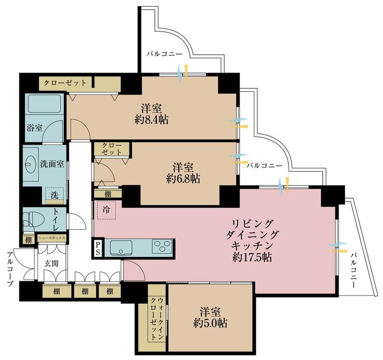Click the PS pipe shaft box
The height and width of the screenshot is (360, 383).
click(x=98, y=248)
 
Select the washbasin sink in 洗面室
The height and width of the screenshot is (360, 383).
click(x=31, y=164)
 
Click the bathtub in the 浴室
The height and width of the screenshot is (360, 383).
click(x=44, y=104)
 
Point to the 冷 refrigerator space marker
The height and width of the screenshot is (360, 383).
click(x=106, y=210)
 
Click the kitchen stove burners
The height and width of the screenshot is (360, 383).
click(x=162, y=246)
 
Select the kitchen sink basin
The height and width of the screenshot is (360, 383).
click(x=121, y=248)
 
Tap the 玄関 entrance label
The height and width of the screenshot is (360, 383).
click(x=52, y=263)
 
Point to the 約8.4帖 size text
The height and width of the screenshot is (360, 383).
click(x=152, y=119)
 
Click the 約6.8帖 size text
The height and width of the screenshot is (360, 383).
click(x=183, y=179)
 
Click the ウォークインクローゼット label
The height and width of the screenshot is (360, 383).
click(x=157, y=318)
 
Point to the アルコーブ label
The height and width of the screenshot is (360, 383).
click(x=10, y=269)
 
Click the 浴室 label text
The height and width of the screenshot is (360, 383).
click(x=34, y=128)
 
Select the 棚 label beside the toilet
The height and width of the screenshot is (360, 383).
click(x=29, y=240)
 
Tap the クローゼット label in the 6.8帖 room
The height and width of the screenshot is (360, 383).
click(x=111, y=149)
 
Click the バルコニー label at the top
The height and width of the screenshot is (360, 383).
click(x=164, y=54)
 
